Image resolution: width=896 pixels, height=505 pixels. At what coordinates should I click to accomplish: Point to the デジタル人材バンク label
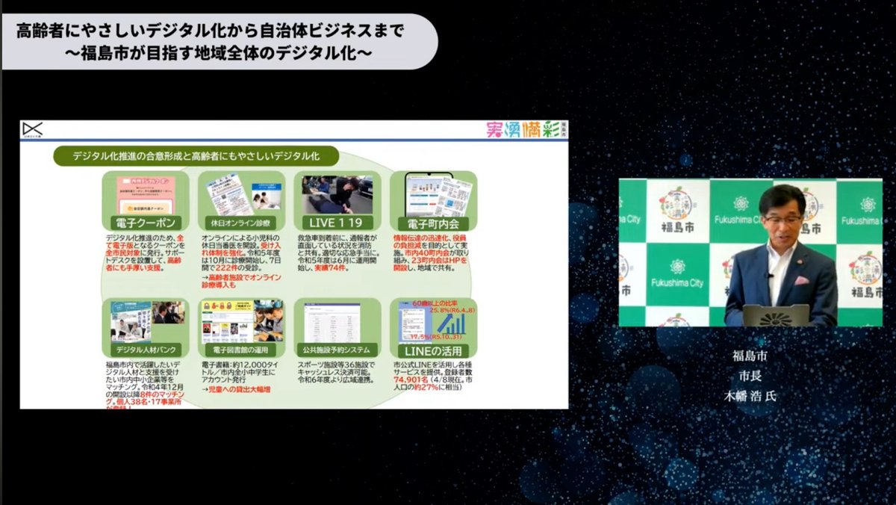point(146,350)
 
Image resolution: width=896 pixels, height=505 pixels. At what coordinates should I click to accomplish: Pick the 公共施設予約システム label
point(337,350)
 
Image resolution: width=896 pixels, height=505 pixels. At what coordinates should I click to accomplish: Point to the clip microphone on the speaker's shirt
point(771,276)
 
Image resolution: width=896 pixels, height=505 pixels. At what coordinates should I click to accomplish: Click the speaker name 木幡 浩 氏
point(750,396)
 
